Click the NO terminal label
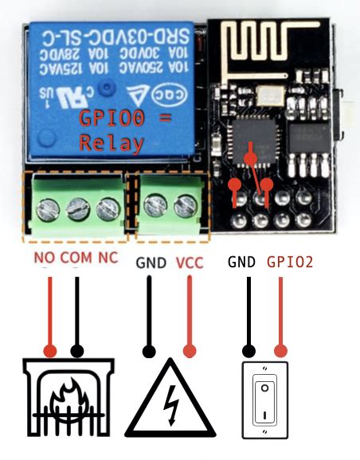pyautogui.click(x=45, y=259)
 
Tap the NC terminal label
pyautogui.click(x=108, y=259)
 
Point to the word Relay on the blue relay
pyautogui.click(x=112, y=144)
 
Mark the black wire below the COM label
pyautogui.click(x=77, y=314)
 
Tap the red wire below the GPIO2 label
pyautogui.click(x=280, y=314)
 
